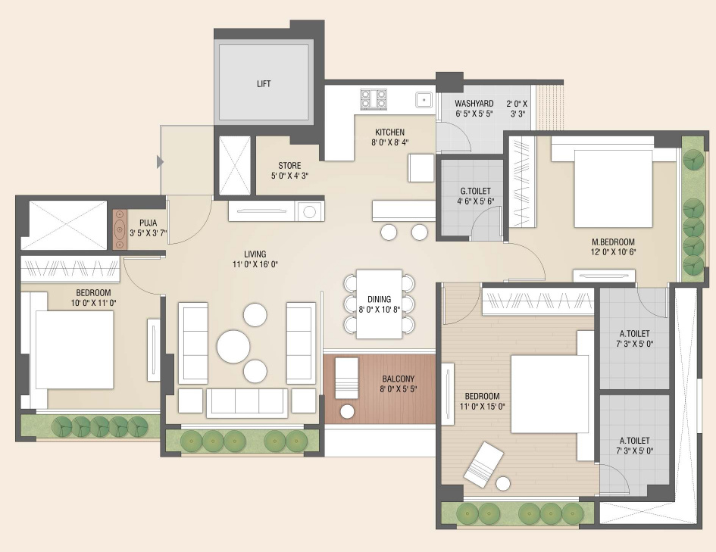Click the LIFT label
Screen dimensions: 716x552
264,83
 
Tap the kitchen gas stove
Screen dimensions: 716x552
374,99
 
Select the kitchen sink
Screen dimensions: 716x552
424,99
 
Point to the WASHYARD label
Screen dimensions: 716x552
474,104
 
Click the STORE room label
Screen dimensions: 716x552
289,166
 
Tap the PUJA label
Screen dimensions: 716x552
148,223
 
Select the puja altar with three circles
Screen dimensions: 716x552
120,229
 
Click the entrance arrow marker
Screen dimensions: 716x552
161,161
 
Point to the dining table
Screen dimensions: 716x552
379,304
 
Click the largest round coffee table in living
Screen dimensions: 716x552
233,346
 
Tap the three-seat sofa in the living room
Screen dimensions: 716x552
247,403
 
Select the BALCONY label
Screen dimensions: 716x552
399,379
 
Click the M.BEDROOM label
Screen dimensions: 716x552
613,242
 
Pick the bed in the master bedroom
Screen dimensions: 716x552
612,188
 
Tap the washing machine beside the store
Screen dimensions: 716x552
310,212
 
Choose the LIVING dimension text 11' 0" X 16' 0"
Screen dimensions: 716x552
255,264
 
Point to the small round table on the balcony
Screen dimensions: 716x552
348,411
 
